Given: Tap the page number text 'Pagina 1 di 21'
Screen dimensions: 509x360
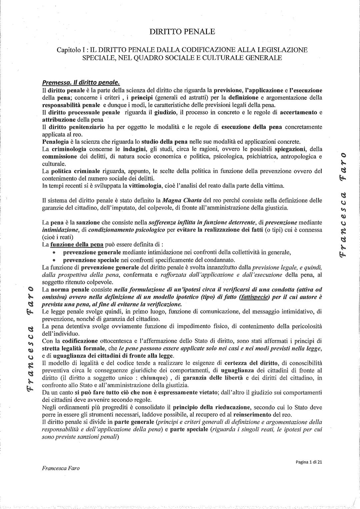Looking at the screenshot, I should coord(309,462).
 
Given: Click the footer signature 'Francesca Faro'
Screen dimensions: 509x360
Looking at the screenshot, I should coord(61,468).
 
